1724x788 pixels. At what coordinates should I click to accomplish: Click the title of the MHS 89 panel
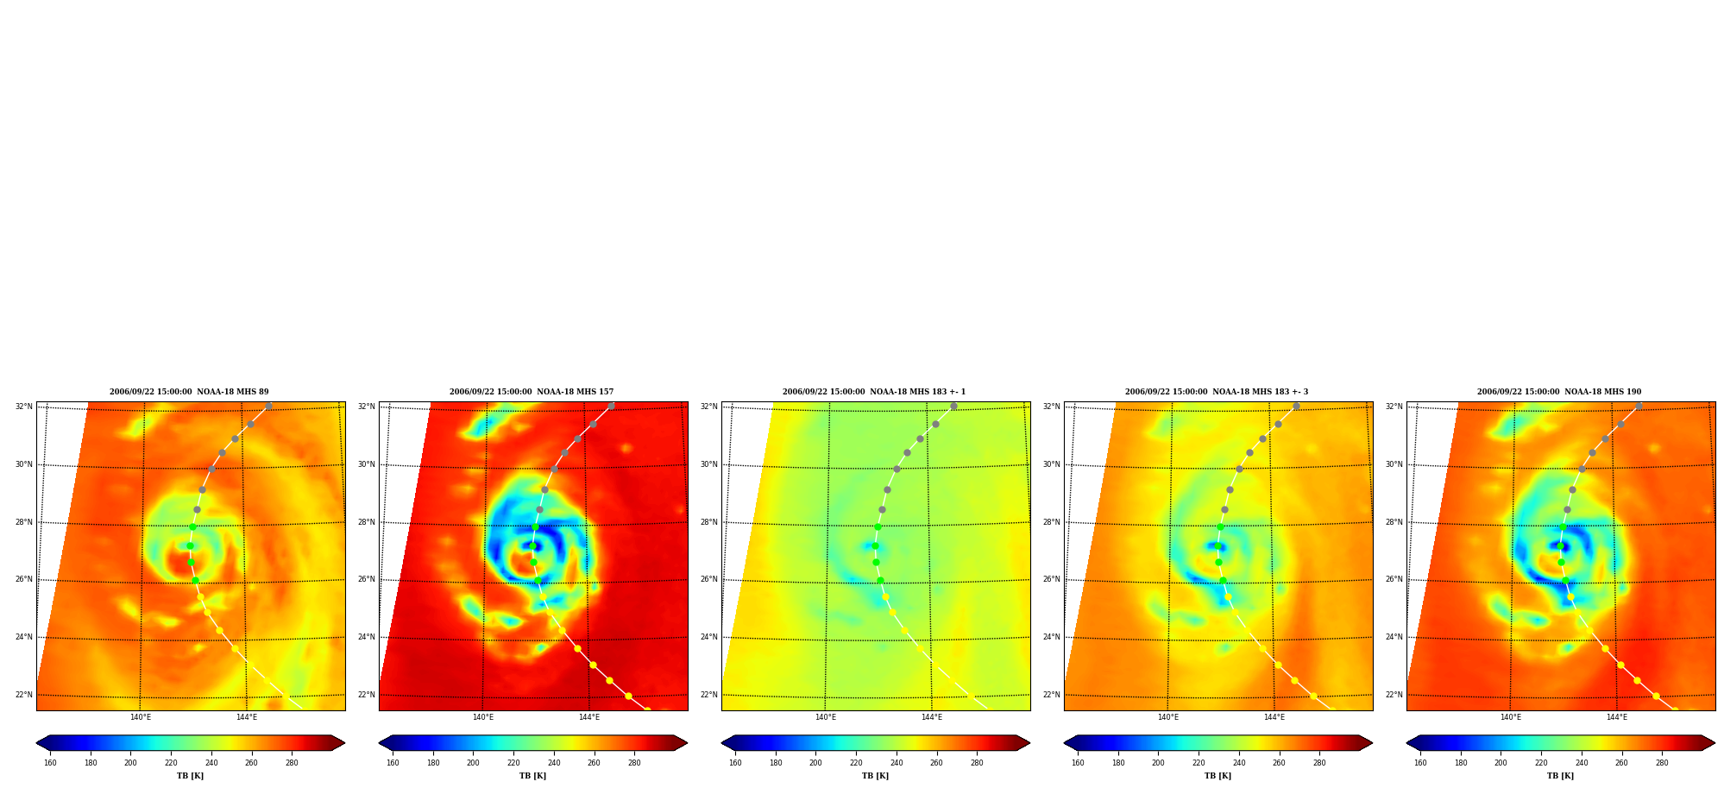pos(189,392)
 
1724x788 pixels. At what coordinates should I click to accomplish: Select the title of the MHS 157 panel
pos(532,392)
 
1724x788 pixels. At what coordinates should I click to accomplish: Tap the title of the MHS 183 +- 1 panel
pos(874,392)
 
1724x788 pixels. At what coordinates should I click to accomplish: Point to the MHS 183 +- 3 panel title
pos(1217,392)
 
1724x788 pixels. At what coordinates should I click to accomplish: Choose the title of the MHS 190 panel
pos(1559,392)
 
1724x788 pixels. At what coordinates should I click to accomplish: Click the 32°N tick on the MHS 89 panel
pos(23,407)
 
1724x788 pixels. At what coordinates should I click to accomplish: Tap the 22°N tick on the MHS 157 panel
pos(366,695)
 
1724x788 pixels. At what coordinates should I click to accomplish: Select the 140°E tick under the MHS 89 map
pos(141,717)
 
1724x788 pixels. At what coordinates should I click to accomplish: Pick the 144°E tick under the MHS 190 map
pos(1617,717)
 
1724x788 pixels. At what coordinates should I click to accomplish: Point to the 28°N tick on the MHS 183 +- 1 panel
pos(708,522)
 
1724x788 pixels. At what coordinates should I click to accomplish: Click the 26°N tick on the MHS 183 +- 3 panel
pos(1051,580)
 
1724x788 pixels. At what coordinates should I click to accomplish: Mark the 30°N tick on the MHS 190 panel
pos(1394,464)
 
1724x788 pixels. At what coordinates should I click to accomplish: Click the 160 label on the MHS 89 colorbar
pos(50,763)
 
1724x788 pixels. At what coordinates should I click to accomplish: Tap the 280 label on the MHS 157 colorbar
pos(634,763)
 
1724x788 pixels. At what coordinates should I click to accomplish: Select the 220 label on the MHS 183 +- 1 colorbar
pos(856,763)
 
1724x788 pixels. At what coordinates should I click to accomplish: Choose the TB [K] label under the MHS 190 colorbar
pos(1560,776)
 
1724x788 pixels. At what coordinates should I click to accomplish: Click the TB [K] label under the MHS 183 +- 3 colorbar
pos(1217,776)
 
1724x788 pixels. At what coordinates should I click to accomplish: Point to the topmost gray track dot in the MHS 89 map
pos(268,406)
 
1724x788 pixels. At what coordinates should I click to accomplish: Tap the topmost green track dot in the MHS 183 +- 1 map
pos(878,526)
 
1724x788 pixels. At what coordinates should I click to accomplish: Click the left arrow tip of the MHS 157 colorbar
pos(379,743)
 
